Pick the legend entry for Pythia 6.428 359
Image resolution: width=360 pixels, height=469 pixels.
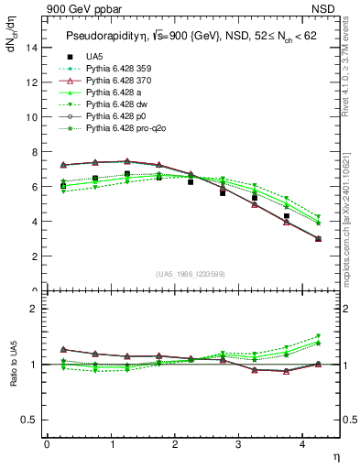pyautogui.click(x=112, y=70)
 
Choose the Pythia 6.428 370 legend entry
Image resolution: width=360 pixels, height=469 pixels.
pyautogui.click(x=112, y=82)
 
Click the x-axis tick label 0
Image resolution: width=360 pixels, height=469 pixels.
pyautogui.click(x=47, y=445)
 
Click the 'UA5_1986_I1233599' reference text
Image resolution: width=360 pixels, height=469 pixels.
pyautogui.click(x=192, y=274)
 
